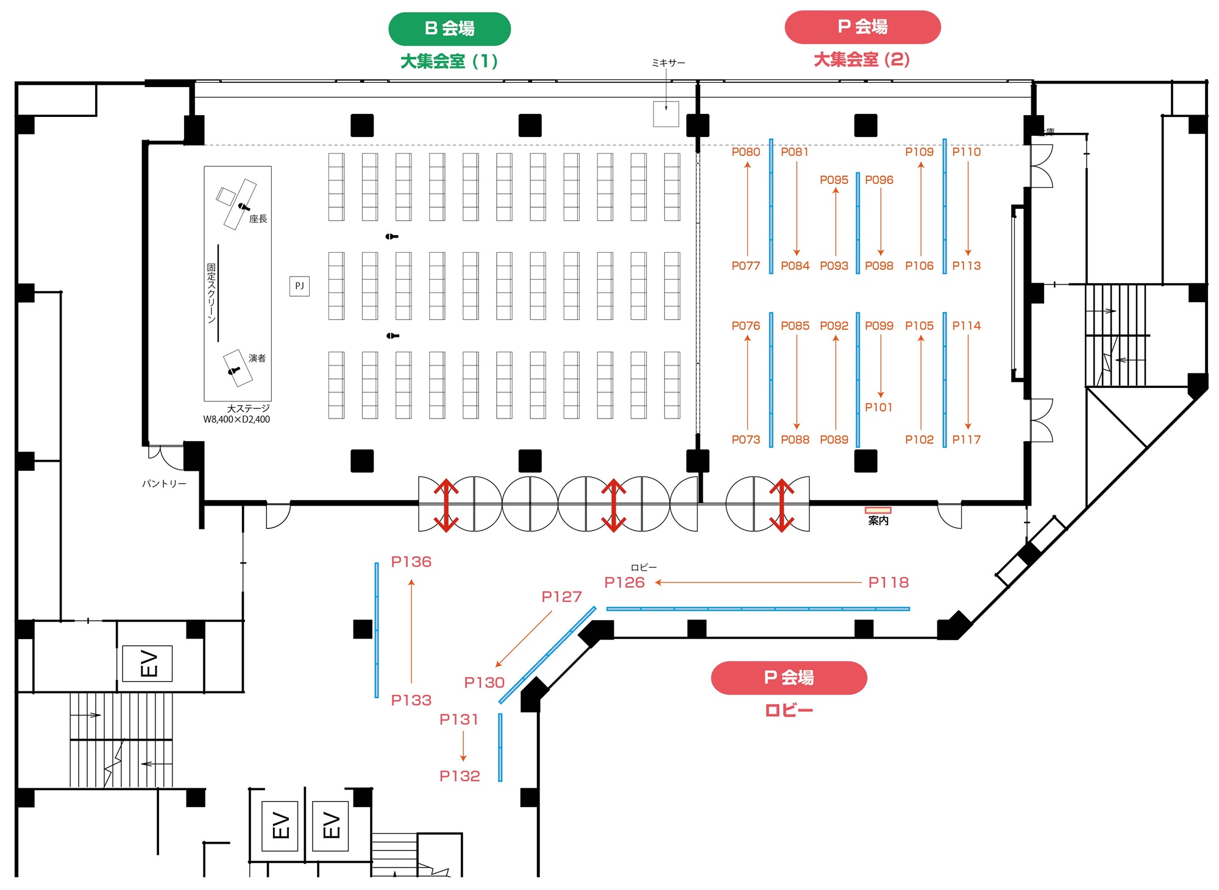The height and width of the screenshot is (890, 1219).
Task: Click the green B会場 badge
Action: pos(449,29)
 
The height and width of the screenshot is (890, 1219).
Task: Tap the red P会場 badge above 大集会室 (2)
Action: pos(862,27)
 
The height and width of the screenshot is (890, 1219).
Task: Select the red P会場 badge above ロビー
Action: pos(789,677)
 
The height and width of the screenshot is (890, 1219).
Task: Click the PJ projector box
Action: pos(299,286)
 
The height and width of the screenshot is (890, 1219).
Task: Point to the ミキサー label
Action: pos(669,63)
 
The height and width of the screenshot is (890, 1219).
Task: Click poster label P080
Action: pos(746,152)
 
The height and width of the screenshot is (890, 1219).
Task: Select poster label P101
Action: pos(878,407)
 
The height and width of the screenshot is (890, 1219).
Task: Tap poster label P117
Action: pos(967,439)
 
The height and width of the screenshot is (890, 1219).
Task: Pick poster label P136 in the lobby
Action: pos(411,562)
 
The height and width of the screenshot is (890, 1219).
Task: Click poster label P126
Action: pos(625,582)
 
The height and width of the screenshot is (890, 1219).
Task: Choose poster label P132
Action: pos(460,775)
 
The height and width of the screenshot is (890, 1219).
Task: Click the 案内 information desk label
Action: pos(878,520)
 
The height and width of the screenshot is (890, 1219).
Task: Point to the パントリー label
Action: pos(164,484)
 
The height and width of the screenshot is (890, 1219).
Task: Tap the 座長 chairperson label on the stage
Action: pos(258,219)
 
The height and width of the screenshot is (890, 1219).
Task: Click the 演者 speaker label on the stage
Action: pos(257,358)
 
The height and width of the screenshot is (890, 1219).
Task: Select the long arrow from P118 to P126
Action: pos(758,582)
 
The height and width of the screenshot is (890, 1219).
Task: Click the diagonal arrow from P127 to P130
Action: pos(524,639)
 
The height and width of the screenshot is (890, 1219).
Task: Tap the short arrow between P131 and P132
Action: pos(463,746)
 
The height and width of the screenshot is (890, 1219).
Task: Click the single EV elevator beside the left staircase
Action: pos(147,663)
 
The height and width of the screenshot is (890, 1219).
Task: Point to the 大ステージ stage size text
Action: pos(236,414)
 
